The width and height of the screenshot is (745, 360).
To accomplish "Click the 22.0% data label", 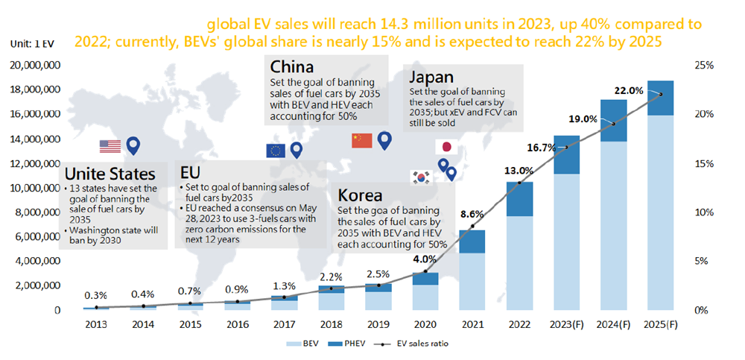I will [x=628, y=91].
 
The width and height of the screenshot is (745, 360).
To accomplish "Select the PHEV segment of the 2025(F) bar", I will [x=660, y=98].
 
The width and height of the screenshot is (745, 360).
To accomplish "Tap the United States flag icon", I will [x=110, y=146].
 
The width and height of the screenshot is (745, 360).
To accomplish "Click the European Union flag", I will [x=276, y=151].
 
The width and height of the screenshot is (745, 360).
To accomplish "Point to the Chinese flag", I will [x=361, y=140].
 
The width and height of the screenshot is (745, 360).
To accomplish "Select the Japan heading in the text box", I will [x=432, y=78].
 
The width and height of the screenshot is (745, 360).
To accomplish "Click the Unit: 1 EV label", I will [x=32, y=45].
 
